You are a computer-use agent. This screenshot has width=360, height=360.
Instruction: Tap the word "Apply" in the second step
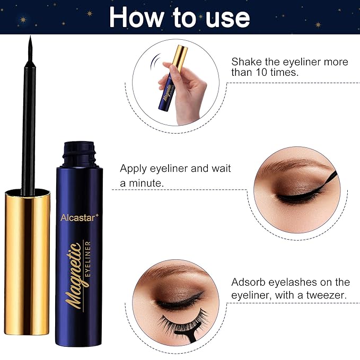click(133, 170)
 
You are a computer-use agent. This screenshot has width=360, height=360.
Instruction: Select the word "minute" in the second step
click(148, 183)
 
